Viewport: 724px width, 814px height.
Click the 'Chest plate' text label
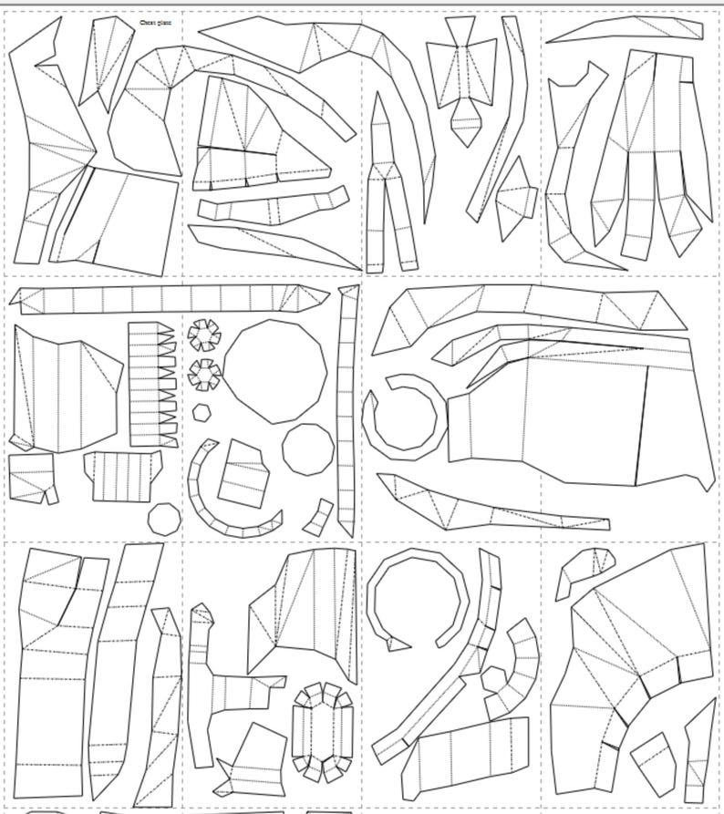[155, 22]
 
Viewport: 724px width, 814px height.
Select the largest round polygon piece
[275, 371]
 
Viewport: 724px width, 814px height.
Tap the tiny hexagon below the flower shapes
[202, 412]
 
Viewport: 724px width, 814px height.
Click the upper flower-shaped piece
[204, 335]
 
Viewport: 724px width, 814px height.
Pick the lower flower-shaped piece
[204, 373]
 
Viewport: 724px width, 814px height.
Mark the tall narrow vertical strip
[346, 410]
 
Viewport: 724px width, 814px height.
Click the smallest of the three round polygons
[164, 519]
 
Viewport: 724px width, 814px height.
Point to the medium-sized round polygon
[307, 449]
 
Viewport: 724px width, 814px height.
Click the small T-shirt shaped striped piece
[122, 473]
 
